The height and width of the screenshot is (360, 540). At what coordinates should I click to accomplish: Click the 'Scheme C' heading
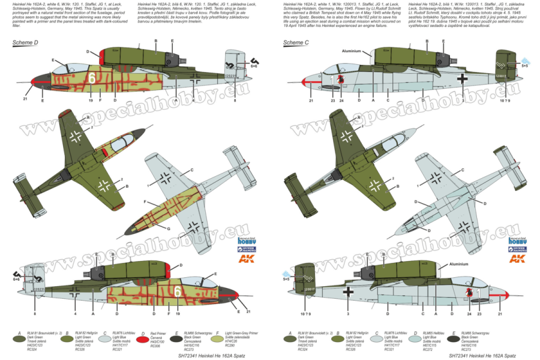pyautogui.click(x=293, y=43)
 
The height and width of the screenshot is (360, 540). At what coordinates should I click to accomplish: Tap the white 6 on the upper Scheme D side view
pyautogui.click(x=92, y=78)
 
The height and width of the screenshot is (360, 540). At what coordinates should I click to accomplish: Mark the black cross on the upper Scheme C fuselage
pyautogui.click(x=461, y=78)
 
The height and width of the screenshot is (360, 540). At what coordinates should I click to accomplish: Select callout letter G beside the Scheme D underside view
pyautogui.click(x=168, y=229)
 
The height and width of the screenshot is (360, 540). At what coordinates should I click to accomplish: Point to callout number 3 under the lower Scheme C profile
pyautogui.click(x=347, y=313)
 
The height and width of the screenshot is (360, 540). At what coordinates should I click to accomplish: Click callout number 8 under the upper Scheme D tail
pyautogui.click(x=235, y=100)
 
